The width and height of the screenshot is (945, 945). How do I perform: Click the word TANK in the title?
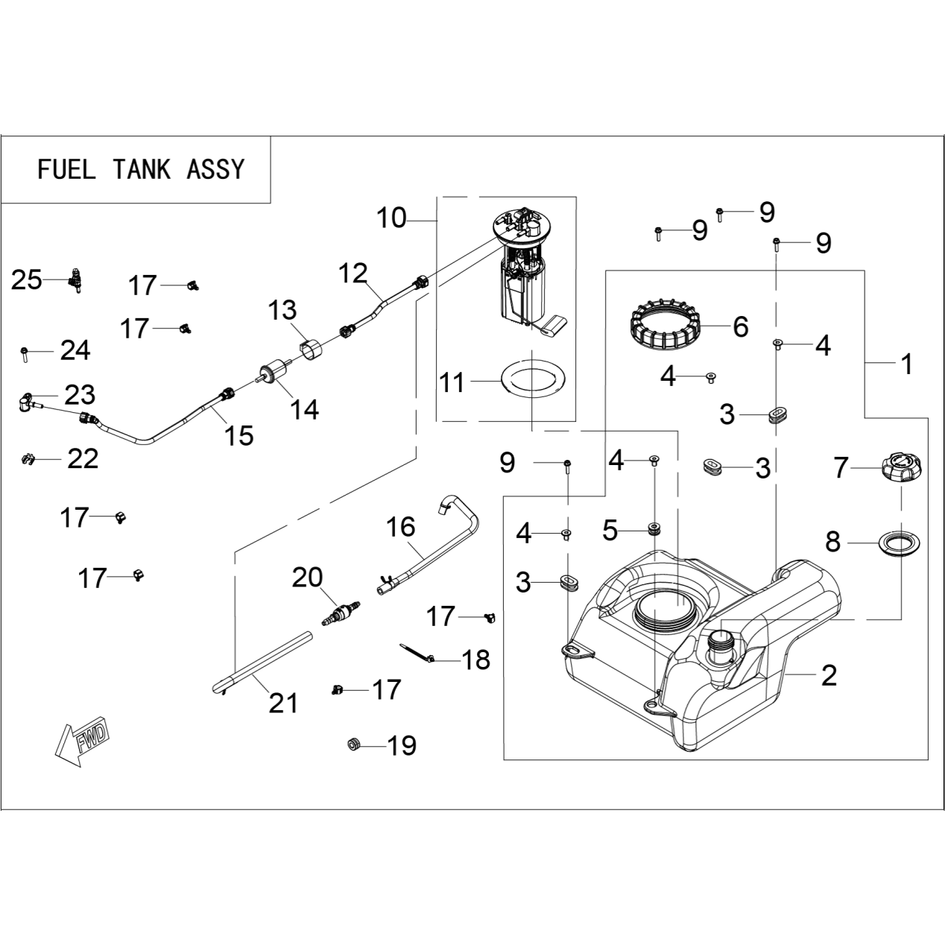[x=142, y=170]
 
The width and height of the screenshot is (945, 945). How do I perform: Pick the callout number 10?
[x=391, y=218]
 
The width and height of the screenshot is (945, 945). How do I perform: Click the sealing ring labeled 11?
[x=532, y=380]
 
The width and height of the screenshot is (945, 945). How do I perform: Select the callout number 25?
[x=27, y=280]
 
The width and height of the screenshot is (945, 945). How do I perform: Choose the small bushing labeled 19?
[x=353, y=744]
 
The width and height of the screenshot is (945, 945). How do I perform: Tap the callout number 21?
[x=283, y=704]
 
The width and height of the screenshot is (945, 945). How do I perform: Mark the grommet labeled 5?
[x=654, y=528]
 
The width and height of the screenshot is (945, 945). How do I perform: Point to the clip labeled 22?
[x=29, y=460]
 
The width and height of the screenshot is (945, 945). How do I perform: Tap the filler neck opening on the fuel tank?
[x=719, y=640]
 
